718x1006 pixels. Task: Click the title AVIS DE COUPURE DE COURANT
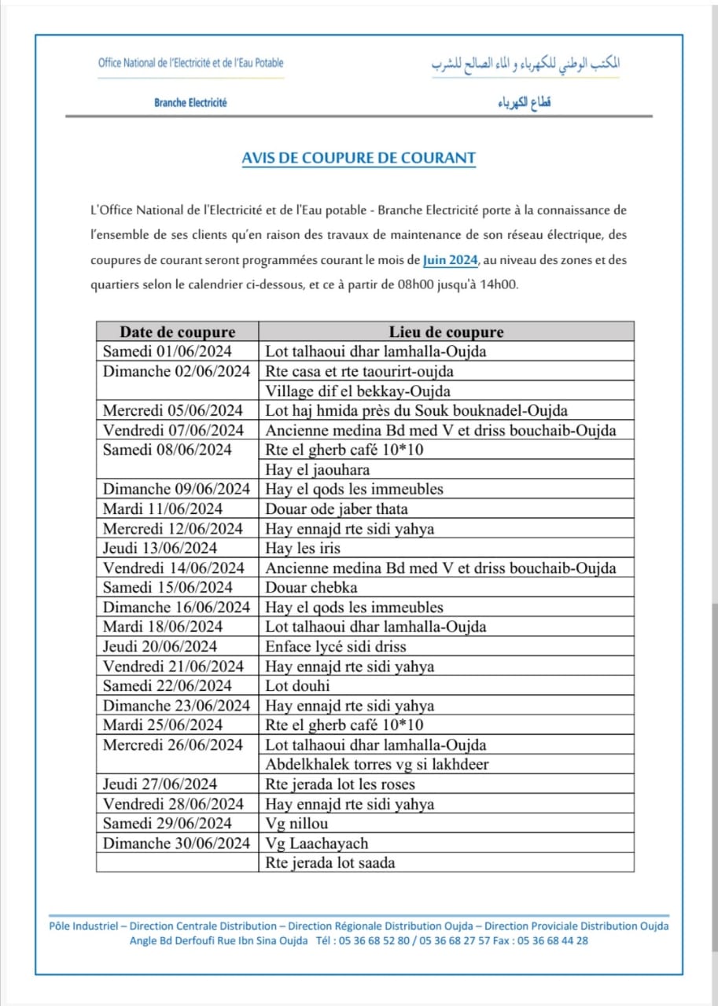(359, 158)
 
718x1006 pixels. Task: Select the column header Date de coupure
(177, 332)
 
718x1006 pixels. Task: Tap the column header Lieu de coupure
(446, 332)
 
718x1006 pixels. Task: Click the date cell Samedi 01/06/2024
(168, 351)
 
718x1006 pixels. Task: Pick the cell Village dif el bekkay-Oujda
(358, 391)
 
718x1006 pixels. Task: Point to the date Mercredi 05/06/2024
(173, 410)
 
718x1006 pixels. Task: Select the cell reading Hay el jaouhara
(312, 469)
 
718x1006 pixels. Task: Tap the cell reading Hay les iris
(303, 548)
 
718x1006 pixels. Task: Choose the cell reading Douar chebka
(311, 587)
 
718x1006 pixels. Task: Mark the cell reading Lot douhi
(298, 686)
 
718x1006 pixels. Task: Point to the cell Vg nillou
(296, 824)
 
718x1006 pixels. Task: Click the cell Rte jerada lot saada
(330, 863)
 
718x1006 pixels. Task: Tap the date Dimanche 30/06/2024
(176, 843)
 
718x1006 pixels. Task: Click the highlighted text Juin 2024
(450, 259)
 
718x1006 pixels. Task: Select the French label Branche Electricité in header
(190, 103)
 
